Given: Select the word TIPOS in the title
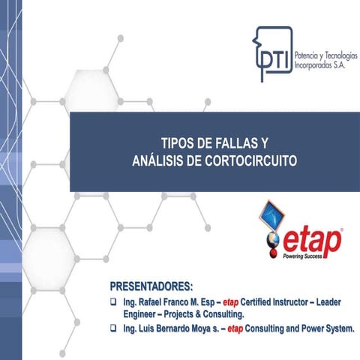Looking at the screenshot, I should (177, 142).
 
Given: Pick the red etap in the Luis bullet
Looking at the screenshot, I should (237, 328).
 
